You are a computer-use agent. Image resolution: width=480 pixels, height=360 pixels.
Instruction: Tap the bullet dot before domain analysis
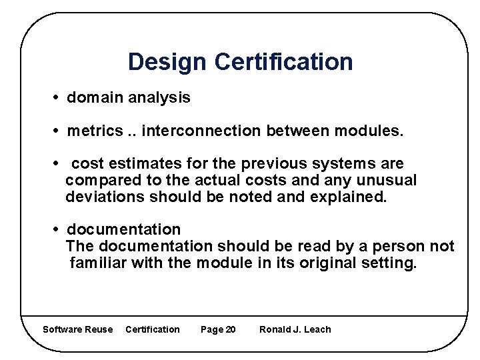(57, 98)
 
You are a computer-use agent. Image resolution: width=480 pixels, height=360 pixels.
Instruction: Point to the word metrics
(95, 131)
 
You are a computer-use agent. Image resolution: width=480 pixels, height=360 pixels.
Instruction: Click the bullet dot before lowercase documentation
(57, 230)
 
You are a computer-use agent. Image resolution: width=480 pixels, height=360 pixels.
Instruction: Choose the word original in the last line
(327, 263)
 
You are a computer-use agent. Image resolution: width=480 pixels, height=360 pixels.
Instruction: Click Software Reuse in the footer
(77, 329)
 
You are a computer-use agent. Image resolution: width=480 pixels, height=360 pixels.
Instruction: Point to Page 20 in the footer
(218, 329)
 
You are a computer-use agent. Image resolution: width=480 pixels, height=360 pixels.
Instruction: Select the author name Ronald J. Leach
(295, 329)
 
